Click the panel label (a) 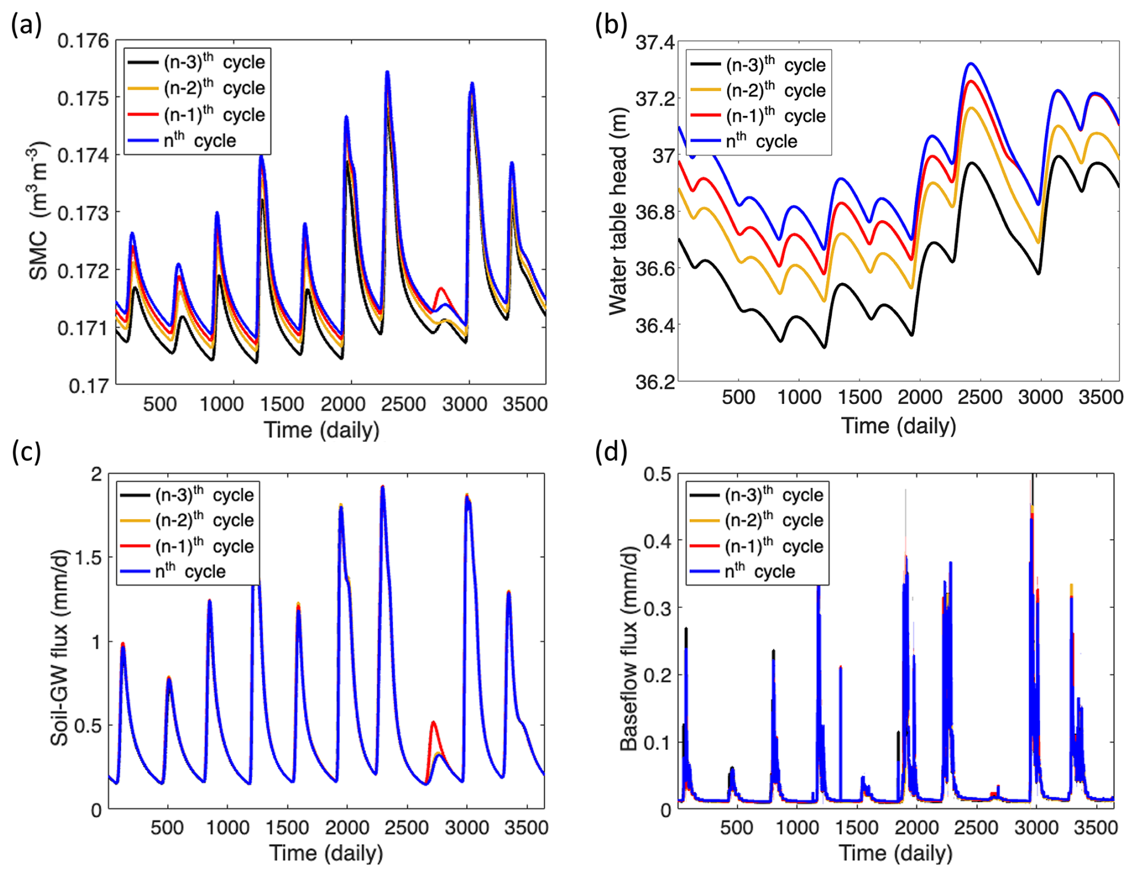[26, 26]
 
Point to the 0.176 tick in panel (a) [83, 41]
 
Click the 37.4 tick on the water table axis [655, 43]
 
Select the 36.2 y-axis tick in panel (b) [655, 382]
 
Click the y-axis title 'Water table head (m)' [617, 211]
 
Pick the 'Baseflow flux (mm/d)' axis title [629, 648]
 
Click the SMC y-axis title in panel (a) [40, 211]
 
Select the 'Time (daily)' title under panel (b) [898, 425]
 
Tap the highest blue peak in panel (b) [971, 63]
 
